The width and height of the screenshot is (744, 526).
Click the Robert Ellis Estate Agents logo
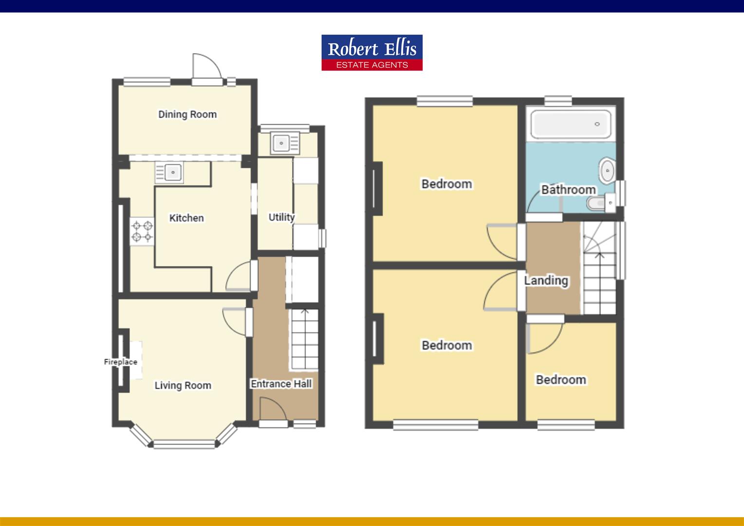pos(372,53)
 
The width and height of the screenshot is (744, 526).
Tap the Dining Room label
pos(187,114)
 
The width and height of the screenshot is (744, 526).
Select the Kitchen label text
pos(186,218)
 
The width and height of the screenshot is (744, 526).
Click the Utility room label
pos(281,217)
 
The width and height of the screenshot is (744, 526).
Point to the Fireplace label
pos(120,362)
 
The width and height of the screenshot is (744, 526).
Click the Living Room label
pos(183,386)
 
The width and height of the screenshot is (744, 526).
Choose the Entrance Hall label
pos(281,384)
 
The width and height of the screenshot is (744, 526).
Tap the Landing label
pos(546,281)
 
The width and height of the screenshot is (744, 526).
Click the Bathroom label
pos(568,189)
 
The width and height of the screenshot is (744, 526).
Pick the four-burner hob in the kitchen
pos(142,231)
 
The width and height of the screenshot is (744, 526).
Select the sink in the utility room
pos(281,143)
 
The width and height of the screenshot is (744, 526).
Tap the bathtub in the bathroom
pos(571,124)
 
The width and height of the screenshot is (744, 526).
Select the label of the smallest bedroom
pos(561,380)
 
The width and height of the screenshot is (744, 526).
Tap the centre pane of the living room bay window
pos(184,444)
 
